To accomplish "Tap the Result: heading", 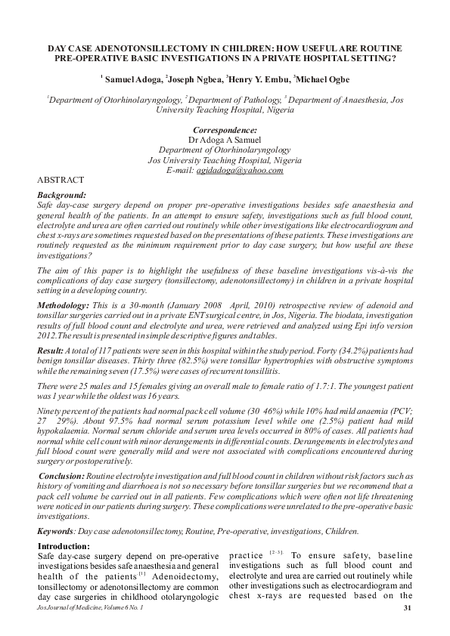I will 54,352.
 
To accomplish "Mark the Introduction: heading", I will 64,546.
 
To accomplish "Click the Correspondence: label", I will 225,130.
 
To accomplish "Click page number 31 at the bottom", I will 407,607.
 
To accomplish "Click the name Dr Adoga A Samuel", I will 225,140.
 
